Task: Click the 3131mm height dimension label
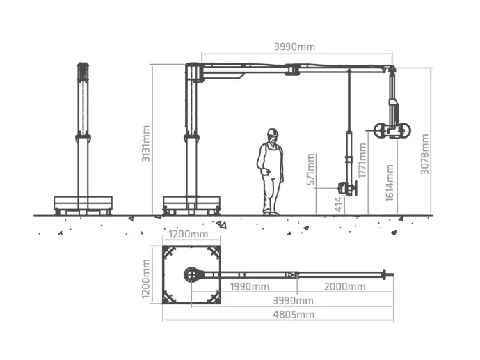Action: (145, 143)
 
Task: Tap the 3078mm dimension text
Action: (424, 154)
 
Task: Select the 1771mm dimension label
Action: (362, 161)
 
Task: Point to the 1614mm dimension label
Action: (390, 183)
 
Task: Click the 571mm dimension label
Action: (311, 169)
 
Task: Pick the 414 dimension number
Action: (338, 204)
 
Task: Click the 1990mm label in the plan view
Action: (250, 287)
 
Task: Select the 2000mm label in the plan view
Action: (344, 287)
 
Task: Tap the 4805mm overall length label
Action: (294, 314)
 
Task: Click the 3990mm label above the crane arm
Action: (294, 47)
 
